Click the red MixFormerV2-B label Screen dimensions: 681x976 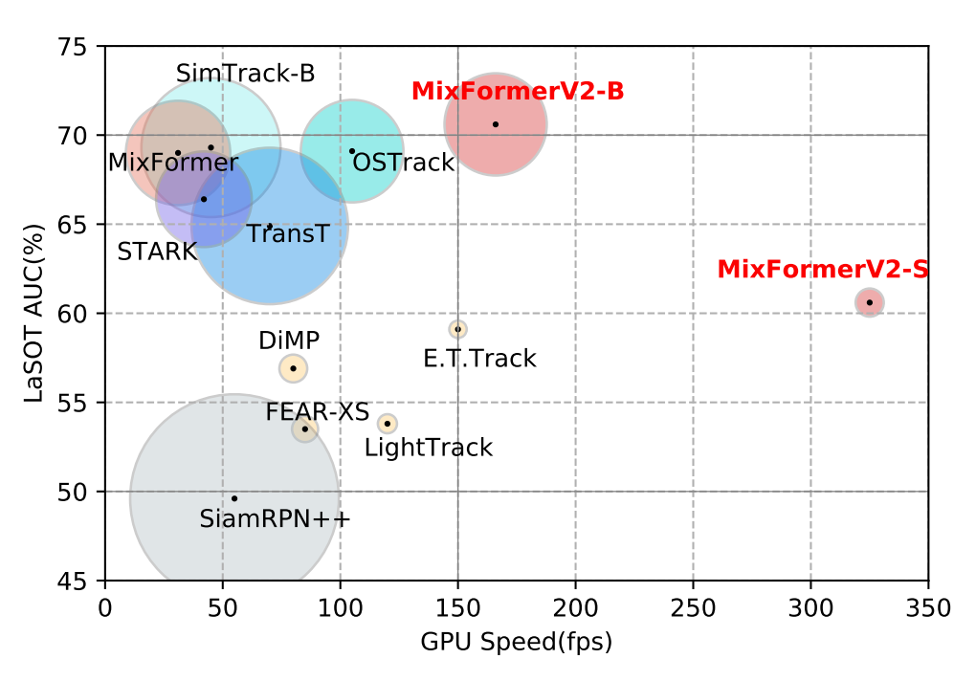pos(518,92)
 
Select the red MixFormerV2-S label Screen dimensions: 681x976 pos(822,270)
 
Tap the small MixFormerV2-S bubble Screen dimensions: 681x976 pos(869,302)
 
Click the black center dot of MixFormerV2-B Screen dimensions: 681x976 pos(496,124)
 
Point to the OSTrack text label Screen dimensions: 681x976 pos(403,163)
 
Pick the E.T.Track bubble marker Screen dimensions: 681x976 pos(458,329)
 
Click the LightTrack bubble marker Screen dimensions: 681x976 pos(388,423)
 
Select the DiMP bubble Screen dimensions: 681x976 pos(294,368)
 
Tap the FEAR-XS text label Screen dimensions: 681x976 pos(317,412)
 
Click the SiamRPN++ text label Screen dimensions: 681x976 pos(275,519)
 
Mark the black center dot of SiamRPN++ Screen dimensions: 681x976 pos(234,498)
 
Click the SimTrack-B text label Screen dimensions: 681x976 pos(246,74)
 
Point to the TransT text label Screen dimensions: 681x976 pos(287,234)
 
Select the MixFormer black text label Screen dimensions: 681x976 pos(173,163)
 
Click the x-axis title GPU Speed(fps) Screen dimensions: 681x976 pos(516,642)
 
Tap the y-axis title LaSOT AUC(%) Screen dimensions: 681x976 pos(34,314)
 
